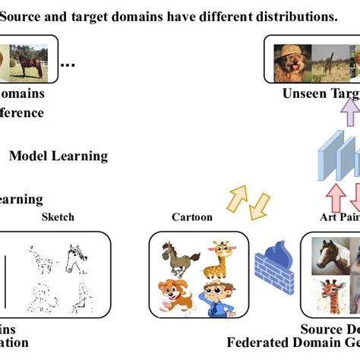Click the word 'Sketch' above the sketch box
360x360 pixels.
tap(57, 217)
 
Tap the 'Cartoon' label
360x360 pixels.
tap(192, 217)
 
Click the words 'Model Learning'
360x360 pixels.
tap(58, 156)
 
